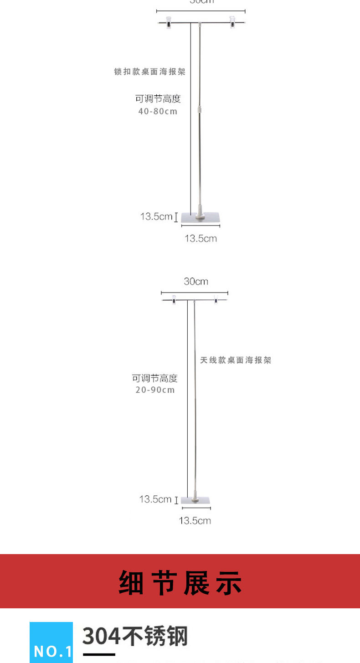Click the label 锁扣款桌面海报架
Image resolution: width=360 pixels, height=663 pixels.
coord(149,72)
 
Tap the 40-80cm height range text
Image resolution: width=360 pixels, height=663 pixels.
coord(158,111)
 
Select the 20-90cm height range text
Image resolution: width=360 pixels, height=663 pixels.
coord(155,390)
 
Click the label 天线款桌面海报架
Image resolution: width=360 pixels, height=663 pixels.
coord(236,360)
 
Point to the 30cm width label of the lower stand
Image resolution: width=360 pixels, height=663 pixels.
coord(196,282)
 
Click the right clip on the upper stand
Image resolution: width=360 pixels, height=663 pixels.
coord(233,22)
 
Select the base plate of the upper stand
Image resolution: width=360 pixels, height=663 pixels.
coord(201,218)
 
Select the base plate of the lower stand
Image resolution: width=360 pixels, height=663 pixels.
coord(196,500)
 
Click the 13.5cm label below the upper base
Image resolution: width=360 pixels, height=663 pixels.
coord(201,238)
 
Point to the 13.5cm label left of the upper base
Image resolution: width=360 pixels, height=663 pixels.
coord(156,216)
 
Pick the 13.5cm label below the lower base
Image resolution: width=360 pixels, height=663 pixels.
coord(195,520)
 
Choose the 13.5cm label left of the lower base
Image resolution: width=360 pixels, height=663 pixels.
coord(155,499)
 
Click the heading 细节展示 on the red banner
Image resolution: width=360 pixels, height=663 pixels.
coord(180,582)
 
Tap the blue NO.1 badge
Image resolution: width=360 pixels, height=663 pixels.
coord(51,642)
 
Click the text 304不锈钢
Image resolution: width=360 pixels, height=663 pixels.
coord(135,636)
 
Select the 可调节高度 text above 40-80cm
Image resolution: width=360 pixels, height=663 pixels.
coord(158,99)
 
